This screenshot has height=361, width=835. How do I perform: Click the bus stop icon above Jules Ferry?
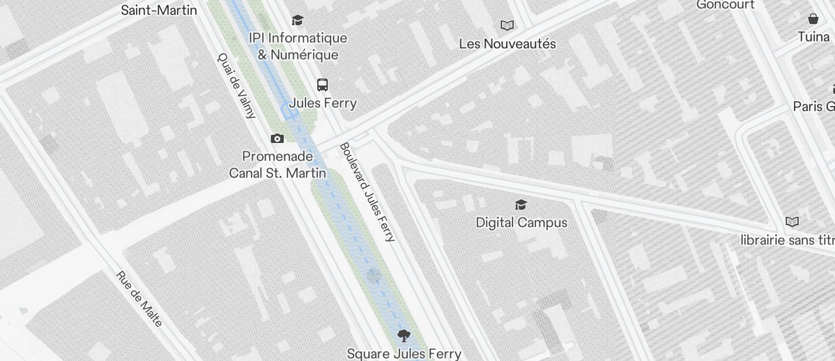click(x=323, y=85)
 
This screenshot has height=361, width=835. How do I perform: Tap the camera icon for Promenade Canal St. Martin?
click(x=277, y=139)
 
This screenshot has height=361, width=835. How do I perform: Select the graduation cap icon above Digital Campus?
click(x=521, y=205)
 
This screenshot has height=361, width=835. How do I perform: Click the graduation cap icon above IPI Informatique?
click(x=298, y=21)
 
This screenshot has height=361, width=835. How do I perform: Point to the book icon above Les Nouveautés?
click(x=507, y=25)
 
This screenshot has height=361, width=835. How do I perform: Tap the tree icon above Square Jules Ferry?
click(x=403, y=336)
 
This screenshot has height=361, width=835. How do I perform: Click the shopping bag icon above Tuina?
click(x=813, y=19)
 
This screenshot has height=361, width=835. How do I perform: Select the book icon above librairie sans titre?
click(x=792, y=222)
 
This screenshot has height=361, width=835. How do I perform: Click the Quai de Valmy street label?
click(x=237, y=86)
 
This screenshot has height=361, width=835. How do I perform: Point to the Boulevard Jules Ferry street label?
click(x=368, y=192)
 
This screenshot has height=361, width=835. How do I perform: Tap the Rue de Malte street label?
click(x=139, y=299)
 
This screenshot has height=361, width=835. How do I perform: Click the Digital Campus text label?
click(x=521, y=223)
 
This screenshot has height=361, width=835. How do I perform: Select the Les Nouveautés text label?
click(x=507, y=44)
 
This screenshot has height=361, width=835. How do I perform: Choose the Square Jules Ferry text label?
click(x=404, y=354)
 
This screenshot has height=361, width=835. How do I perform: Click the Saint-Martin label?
click(x=159, y=9)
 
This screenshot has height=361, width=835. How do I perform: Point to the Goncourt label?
click(x=725, y=5)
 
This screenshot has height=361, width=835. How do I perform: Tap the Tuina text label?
click(x=813, y=37)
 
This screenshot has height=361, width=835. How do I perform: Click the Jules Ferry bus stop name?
click(x=323, y=103)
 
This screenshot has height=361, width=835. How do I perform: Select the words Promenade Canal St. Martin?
click(x=277, y=165)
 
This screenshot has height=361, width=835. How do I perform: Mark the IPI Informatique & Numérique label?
click(x=298, y=46)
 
